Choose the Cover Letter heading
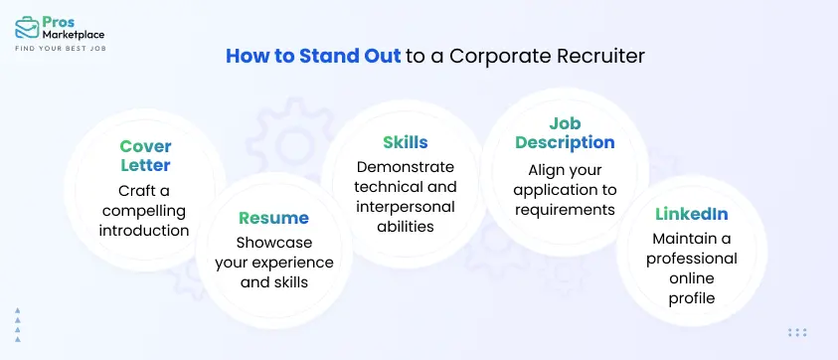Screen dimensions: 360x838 coord(145,156)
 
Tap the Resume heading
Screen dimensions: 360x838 coord(273,217)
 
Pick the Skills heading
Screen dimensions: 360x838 coord(405,142)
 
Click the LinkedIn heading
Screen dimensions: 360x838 coord(692,214)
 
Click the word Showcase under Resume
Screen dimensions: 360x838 coord(273,243)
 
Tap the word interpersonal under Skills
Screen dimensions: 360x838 coord(405,207)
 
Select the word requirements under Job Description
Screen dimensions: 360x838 coord(565,209)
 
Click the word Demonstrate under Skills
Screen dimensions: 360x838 coord(405,166)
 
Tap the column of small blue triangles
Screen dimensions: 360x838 coord(18,324)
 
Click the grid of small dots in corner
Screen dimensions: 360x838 coord(796,333)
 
